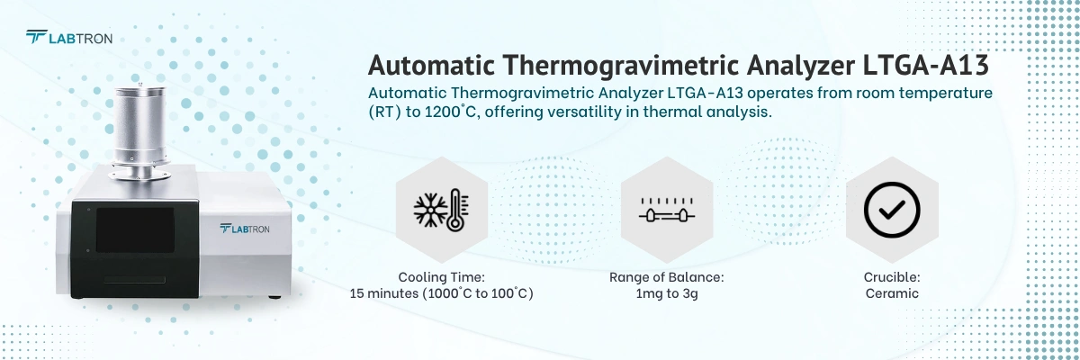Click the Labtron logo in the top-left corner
click(68, 37)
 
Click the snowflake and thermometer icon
click(441, 209)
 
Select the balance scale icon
click(666, 209)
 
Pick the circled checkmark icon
click(891, 209)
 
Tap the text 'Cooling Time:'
click(441, 277)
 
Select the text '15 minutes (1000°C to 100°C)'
click(441, 293)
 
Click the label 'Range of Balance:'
click(666, 277)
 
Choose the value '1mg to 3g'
click(666, 293)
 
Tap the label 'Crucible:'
click(891, 277)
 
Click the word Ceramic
click(891, 293)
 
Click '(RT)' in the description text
click(384, 112)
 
